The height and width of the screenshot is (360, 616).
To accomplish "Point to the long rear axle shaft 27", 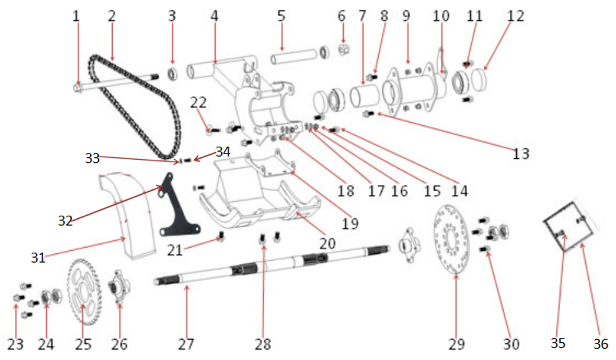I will tap(271, 265).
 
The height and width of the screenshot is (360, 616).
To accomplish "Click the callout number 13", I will tap(521, 153).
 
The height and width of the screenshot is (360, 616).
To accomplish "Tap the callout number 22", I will tap(198, 102).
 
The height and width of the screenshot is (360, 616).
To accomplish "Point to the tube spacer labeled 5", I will tap(294, 60).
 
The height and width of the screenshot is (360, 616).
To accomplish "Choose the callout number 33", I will tap(92, 158).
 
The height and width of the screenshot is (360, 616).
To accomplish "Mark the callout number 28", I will tap(263, 344).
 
